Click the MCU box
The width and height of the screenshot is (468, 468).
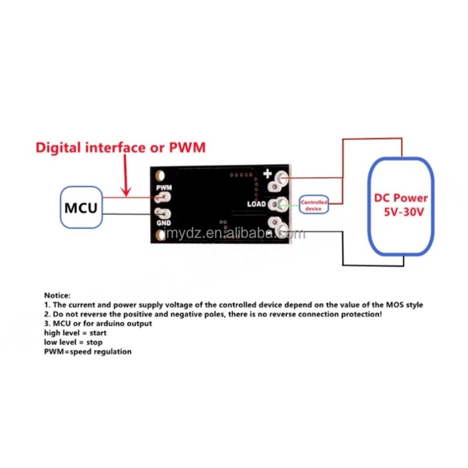click(81, 208)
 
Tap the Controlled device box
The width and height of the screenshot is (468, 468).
click(314, 205)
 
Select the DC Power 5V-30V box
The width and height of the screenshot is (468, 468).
click(401, 206)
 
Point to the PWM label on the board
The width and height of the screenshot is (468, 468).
click(164, 187)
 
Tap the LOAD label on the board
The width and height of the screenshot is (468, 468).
click(256, 203)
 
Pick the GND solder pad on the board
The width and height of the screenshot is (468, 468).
click(162, 214)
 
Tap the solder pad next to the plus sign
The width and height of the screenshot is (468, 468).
click(280, 179)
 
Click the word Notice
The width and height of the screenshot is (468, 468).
click(58, 295)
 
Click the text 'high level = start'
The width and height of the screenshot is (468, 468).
click(75, 332)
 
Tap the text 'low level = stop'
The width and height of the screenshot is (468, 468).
click(73, 342)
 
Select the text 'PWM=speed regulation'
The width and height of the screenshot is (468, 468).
click(88, 351)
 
